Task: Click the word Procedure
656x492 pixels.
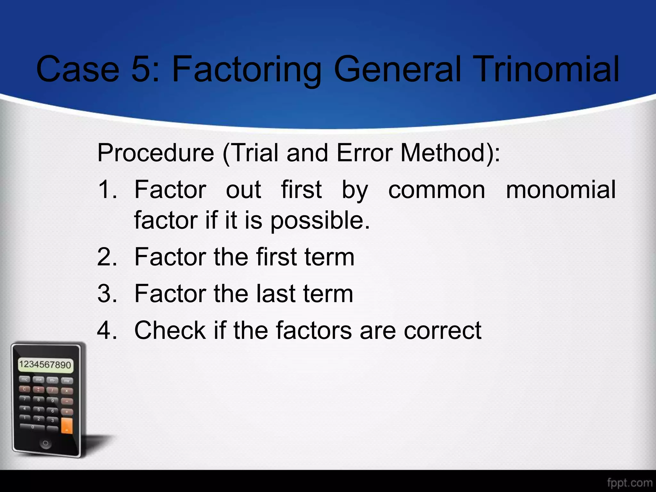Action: (x=156, y=153)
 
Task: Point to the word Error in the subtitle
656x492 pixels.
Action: (x=365, y=153)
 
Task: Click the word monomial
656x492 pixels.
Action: (x=561, y=190)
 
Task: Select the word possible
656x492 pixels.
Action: (x=320, y=221)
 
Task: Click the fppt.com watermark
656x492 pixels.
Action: (x=629, y=483)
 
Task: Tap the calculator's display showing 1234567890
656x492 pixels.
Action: (x=45, y=365)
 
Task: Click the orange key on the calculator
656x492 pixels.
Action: (x=67, y=426)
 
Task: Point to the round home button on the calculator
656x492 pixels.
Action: (x=45, y=444)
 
